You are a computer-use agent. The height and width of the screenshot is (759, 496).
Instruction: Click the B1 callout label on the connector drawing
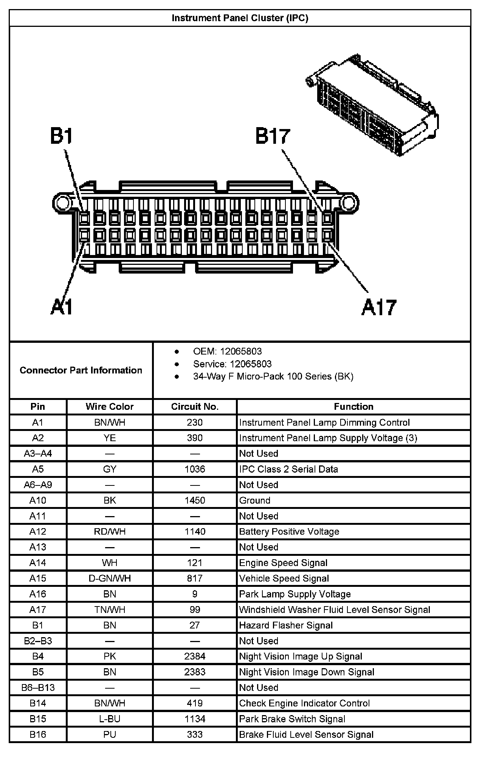[61, 136]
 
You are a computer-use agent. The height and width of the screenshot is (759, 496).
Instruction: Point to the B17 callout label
[272, 136]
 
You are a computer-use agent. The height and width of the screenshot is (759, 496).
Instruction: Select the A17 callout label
[379, 307]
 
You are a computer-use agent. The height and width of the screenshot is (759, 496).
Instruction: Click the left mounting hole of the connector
[61, 203]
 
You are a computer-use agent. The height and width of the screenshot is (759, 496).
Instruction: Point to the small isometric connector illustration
[372, 104]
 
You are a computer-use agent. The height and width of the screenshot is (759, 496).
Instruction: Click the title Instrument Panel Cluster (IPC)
[240, 18]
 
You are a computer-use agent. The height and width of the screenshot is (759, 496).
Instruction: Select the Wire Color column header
[110, 407]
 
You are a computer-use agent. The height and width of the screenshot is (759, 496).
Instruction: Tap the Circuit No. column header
[195, 407]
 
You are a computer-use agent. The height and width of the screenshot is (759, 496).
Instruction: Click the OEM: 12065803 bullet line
[227, 352]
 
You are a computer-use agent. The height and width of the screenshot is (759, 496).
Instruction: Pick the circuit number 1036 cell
[195, 469]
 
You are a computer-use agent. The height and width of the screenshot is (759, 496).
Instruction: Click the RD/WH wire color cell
[110, 532]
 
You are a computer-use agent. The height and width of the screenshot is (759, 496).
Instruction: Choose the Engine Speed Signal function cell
[283, 563]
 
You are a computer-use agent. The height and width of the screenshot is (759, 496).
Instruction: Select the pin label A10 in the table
[38, 501]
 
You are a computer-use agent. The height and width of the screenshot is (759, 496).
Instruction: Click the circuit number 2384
[195, 656]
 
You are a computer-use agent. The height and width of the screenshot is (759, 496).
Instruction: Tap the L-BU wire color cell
[110, 719]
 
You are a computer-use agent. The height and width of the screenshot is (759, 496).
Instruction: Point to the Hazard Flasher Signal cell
[286, 625]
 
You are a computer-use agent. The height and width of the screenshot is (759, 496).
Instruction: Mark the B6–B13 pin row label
[38, 687]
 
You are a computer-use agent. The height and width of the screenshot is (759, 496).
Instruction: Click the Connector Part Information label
[81, 370]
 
